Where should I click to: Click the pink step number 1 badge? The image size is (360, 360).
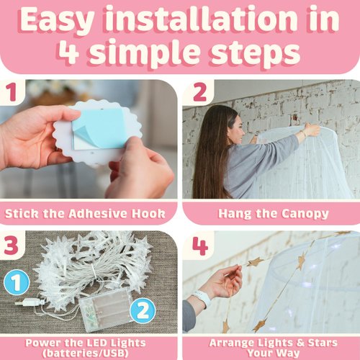(12, 92)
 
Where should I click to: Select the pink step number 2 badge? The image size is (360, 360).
(199, 92)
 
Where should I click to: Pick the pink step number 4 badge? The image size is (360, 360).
(200, 246)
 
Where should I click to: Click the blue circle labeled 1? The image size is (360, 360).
(17, 282)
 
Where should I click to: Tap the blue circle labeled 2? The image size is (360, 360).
(143, 310)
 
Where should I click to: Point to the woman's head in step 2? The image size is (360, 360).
(229, 125)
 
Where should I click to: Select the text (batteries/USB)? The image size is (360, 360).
(85, 354)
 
